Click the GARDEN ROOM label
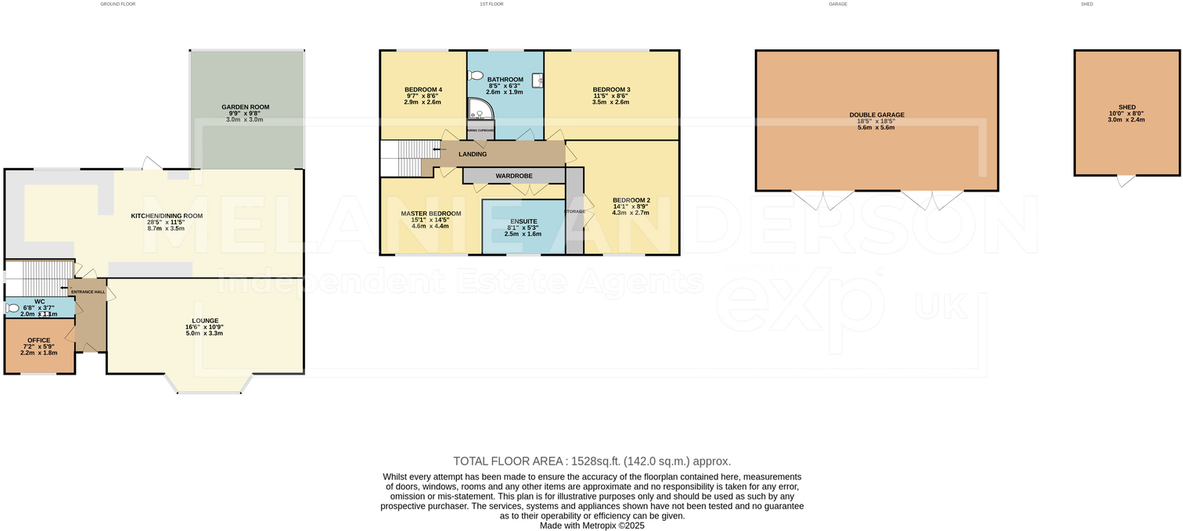[x=245, y=107]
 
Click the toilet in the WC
[x=13, y=308]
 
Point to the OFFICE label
[x=39, y=340]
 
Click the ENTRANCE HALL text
[x=88, y=292]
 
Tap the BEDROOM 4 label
[x=423, y=89]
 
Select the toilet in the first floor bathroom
[x=476, y=76]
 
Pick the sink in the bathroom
[x=538, y=80]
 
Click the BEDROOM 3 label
[x=611, y=89]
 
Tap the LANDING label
[x=473, y=154]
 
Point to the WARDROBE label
[x=514, y=176]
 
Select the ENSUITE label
[x=523, y=221]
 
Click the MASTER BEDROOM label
[x=430, y=213]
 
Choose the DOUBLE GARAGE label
[x=876, y=115]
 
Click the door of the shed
[x=1126, y=181]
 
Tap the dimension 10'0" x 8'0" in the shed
[x=1127, y=114]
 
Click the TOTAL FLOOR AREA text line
[x=591, y=461]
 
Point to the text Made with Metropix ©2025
[x=591, y=526]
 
